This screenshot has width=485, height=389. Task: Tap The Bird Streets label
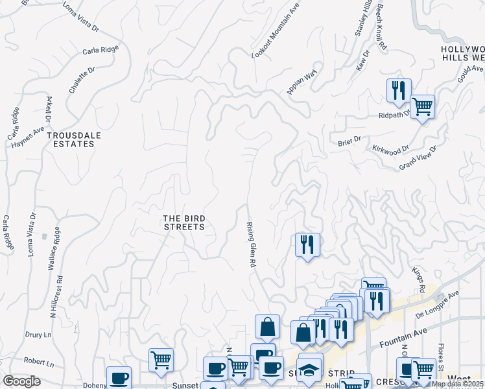[x=183, y=222]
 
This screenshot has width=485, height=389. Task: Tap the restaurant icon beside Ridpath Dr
[x=398, y=89]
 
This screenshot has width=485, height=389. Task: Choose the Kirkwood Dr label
[x=391, y=149]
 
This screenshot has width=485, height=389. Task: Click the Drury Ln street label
[x=38, y=335]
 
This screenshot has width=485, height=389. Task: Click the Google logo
[x=21, y=381]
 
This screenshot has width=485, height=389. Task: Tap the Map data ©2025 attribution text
[x=456, y=384]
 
